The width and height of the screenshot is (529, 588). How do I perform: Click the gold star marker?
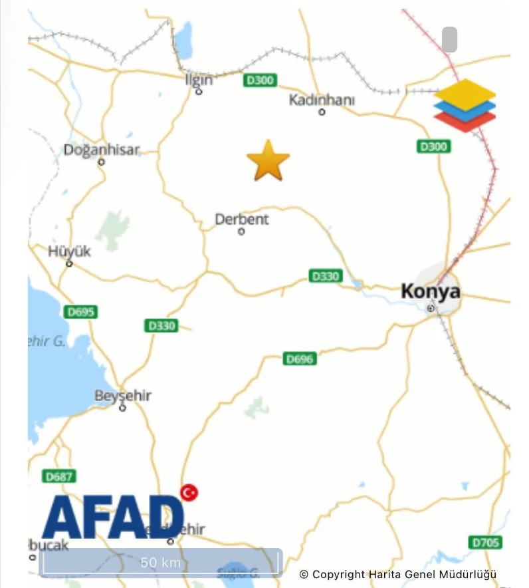(x=268, y=161)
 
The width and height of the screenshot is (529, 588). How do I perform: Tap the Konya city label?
(x=430, y=291)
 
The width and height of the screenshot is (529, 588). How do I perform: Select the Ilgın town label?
(x=199, y=79)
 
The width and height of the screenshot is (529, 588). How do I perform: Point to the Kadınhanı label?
(x=322, y=100)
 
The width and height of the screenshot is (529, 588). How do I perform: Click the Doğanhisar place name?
(x=102, y=150)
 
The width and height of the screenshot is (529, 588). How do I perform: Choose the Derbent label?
(x=242, y=219)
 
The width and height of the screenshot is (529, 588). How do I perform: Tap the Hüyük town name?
(x=69, y=251)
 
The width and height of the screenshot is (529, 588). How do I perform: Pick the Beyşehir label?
(x=123, y=396)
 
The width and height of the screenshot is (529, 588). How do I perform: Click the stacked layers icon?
(x=465, y=105)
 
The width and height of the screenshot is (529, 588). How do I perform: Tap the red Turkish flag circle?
(x=189, y=492)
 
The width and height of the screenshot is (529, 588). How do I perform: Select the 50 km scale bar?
(x=161, y=562)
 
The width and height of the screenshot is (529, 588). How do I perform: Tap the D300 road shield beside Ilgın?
(x=260, y=80)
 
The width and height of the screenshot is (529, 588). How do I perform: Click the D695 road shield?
(x=81, y=311)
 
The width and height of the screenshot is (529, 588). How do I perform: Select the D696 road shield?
(x=300, y=359)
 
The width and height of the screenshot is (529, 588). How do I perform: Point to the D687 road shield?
(x=59, y=476)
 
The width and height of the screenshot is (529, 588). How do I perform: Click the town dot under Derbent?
(x=241, y=231)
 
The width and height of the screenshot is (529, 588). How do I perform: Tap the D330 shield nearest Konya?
(x=326, y=275)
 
